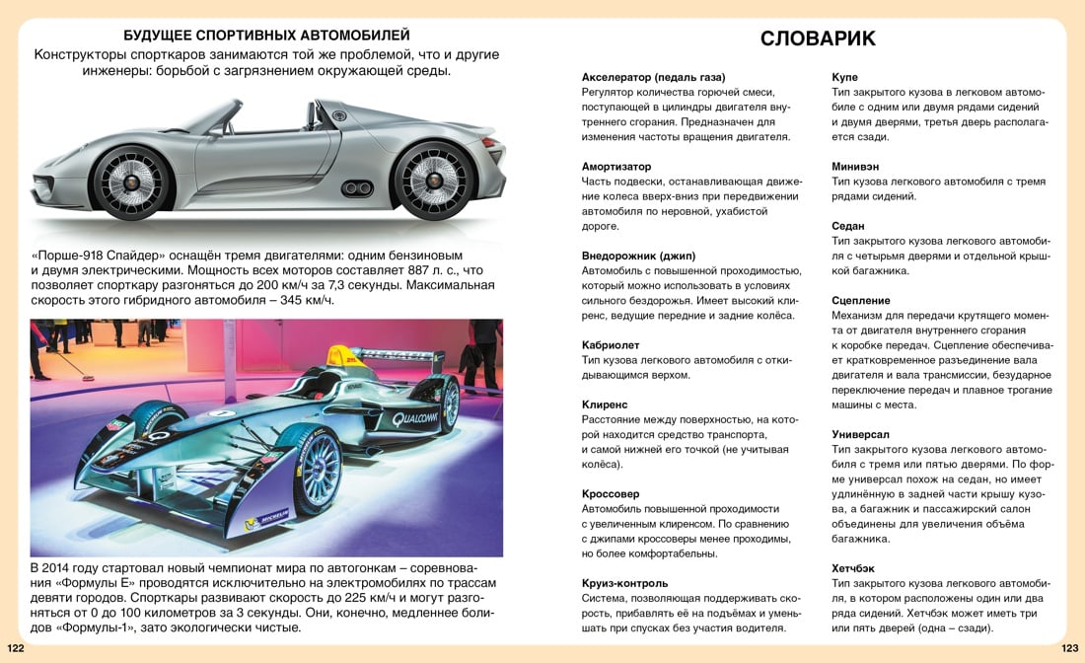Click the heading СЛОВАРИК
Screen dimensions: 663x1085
pyautogui.click(x=818, y=39)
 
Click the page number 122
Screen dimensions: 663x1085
pyautogui.click(x=16, y=649)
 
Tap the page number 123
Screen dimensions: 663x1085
pyautogui.click(x=1069, y=649)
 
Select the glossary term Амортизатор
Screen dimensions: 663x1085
pyautogui.click(x=616, y=167)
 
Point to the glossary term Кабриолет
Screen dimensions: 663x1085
pyautogui.click(x=611, y=345)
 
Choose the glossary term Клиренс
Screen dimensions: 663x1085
pyautogui.click(x=605, y=405)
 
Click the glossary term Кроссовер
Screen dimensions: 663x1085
pyautogui.click(x=611, y=493)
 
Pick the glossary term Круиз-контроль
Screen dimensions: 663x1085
pyautogui.click(x=624, y=583)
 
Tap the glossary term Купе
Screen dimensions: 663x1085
pyautogui.click(x=844, y=77)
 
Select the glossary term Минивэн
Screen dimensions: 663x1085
pyautogui.click(x=854, y=167)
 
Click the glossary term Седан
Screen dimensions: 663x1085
pyautogui.click(x=848, y=226)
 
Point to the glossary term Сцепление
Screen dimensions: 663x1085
pyautogui.click(x=861, y=300)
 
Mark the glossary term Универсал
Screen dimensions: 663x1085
pyautogui.click(x=860, y=434)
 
